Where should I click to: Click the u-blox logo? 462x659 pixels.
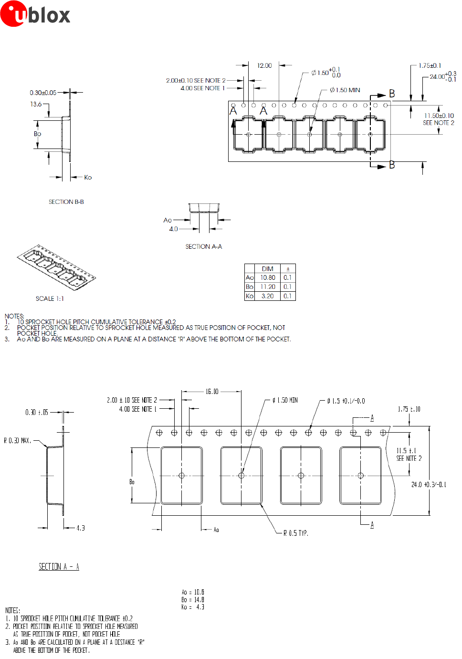pos(35,14)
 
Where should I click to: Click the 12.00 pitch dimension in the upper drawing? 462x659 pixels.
pos(264,65)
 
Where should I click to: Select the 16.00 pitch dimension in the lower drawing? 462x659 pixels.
pos(212,392)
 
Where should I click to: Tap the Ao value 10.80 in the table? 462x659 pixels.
pos(267,277)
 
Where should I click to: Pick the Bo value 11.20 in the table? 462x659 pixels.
pos(267,287)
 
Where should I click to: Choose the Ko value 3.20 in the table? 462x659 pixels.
pos(267,296)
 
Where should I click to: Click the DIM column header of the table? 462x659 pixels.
pos(267,269)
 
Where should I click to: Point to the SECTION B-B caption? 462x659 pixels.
pos(66,202)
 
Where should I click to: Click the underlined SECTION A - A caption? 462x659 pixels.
pos(59,566)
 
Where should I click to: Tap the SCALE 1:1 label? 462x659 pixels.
pos(50,298)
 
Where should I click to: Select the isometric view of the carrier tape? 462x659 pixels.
pos(56,267)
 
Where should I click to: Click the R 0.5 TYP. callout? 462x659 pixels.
pos(295,533)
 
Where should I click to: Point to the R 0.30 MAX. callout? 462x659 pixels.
pos(17,440)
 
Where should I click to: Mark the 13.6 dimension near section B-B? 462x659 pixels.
pos(36,104)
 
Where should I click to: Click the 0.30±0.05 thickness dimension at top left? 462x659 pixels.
pos(43,93)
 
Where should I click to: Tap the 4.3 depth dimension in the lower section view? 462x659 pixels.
pos(81,528)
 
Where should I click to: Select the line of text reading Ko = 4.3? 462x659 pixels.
pos(193,607)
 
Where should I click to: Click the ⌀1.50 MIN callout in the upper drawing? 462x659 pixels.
pos(345,90)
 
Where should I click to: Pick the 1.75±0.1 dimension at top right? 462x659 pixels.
pos(430,65)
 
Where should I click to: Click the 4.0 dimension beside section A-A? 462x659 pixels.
pos(173,229)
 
